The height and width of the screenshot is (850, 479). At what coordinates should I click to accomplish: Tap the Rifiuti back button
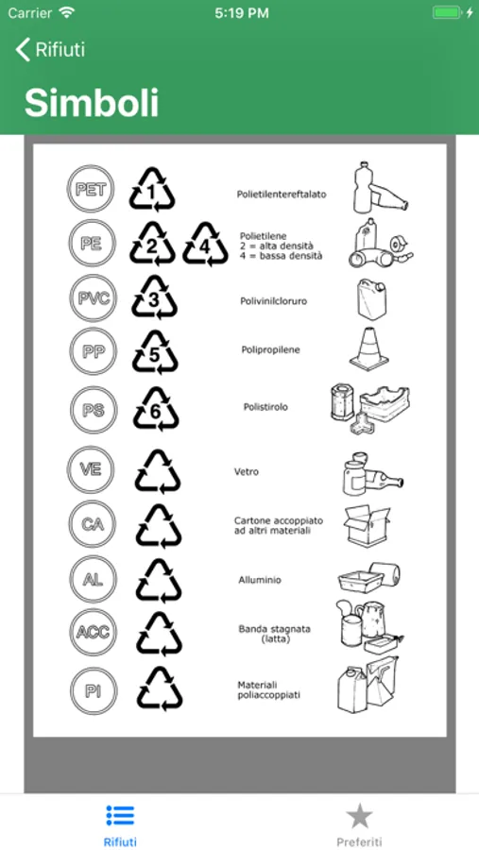50,49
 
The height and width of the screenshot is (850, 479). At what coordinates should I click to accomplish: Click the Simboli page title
92,103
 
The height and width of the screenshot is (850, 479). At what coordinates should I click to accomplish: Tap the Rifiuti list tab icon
120,816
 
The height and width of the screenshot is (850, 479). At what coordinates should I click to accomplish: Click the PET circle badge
91,189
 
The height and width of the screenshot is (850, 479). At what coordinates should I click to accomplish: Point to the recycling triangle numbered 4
204,245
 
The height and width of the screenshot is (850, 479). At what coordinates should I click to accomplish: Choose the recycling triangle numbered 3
154,297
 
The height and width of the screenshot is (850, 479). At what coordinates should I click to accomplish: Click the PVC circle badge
94,298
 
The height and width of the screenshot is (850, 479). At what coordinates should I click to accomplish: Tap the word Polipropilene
271,349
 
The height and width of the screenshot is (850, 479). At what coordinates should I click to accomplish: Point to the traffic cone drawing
368,348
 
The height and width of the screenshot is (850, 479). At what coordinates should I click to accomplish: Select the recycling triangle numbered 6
156,410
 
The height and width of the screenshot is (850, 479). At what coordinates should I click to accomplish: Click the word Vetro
247,471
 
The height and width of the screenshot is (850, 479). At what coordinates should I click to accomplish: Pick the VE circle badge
91,469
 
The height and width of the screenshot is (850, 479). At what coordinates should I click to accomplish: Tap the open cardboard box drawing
367,525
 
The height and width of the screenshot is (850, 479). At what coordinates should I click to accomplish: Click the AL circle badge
93,580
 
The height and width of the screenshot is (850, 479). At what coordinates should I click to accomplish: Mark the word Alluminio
260,580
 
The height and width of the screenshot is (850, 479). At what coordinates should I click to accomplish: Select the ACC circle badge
94,632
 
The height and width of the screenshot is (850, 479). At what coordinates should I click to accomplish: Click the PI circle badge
94,691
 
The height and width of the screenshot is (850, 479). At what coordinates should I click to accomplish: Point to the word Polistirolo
265,406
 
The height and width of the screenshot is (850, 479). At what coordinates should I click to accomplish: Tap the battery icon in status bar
448,13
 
